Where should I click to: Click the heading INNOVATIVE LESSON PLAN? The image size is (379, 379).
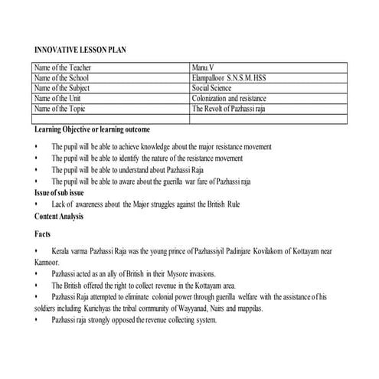click(x=80, y=51)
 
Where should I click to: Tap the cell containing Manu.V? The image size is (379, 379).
click(x=205, y=69)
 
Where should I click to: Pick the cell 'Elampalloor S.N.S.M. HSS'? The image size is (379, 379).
click(x=233, y=79)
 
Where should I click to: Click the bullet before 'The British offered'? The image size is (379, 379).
click(x=36, y=285)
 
